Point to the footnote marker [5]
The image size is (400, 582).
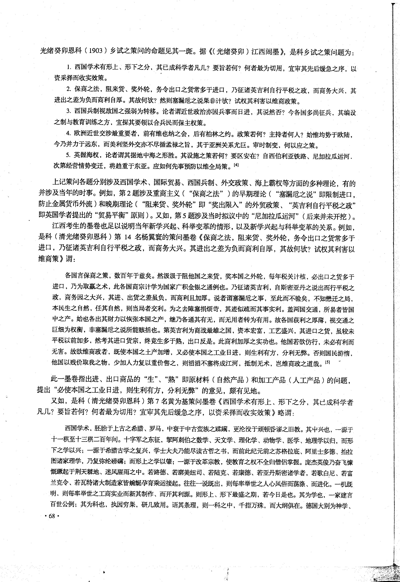327,362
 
